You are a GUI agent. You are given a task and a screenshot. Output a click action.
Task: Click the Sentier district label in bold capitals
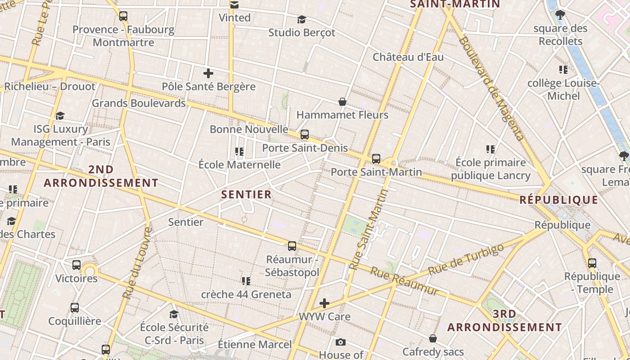[247, 194]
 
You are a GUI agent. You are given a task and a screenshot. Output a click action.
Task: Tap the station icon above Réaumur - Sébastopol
[292, 246]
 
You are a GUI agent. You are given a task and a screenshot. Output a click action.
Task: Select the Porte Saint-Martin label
[376, 172]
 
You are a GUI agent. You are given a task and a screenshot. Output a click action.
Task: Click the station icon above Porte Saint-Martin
[376, 159]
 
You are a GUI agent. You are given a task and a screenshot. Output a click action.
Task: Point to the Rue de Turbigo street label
[465, 260]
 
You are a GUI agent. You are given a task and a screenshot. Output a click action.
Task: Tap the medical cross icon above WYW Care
[324, 303]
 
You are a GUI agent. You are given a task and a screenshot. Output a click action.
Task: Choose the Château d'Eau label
[408, 57]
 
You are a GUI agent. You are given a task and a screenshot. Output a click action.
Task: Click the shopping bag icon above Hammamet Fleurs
[342, 102]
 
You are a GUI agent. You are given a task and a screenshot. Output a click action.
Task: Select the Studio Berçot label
[301, 32]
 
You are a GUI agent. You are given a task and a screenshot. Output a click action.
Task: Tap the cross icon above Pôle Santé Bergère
[208, 73]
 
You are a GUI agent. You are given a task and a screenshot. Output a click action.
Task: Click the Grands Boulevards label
[139, 103]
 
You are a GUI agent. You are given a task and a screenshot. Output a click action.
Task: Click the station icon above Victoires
[76, 265]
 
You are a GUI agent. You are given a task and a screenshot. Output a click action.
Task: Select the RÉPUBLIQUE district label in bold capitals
[559, 200]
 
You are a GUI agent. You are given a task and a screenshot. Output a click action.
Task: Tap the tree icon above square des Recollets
[560, 15]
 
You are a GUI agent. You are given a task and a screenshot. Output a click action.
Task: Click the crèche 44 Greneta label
[246, 294]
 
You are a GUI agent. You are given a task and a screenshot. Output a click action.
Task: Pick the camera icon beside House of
[341, 342]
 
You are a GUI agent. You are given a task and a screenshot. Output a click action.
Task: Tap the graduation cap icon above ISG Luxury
[60, 116]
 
